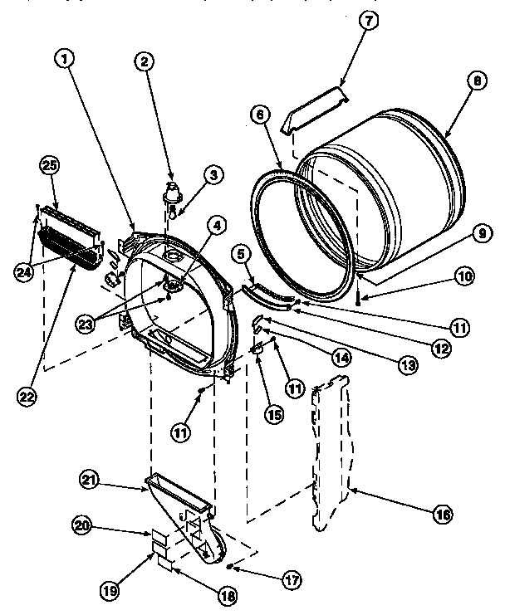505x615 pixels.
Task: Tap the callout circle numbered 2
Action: tap(145, 61)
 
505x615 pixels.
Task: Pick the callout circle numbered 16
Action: tap(443, 515)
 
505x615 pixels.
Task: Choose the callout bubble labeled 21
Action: tap(91, 478)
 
